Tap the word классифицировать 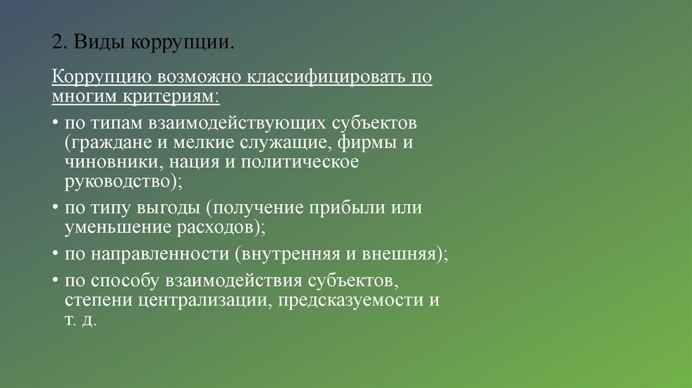click(x=329, y=76)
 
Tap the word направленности click(x=159, y=254)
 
